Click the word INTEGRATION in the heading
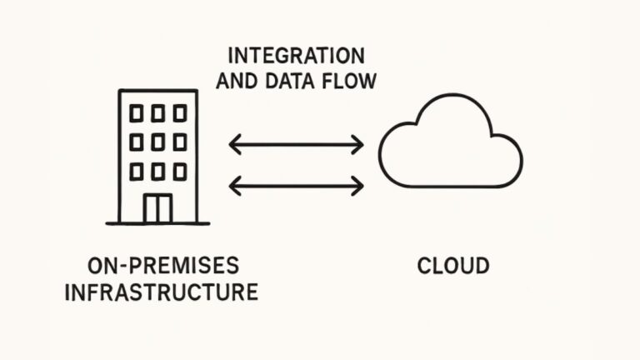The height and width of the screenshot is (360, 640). point(296,57)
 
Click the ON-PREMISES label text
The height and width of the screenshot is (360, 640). point(163,267)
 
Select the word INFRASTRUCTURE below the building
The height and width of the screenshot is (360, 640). point(162,292)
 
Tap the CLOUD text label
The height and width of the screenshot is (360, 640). point(453,267)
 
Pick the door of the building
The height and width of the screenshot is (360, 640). point(157,208)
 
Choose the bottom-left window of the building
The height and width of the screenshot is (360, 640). point(136,171)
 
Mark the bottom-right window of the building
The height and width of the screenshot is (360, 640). point(180,171)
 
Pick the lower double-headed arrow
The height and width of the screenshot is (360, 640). point(297,185)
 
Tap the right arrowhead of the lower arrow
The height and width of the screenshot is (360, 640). point(359,185)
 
